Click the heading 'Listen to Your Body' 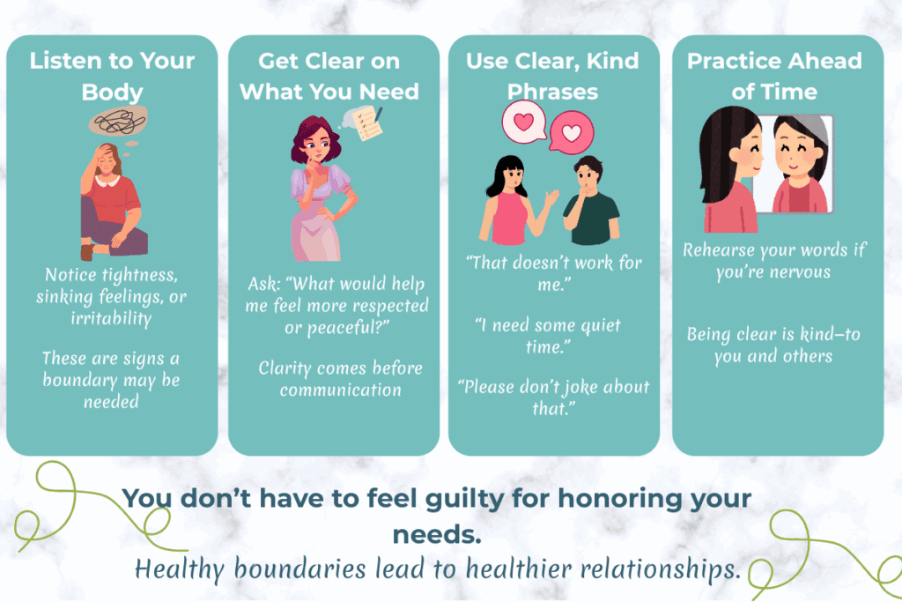point(112,77)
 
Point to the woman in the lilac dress point(321,198)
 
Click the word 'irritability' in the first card point(112,317)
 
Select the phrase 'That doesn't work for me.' point(554,273)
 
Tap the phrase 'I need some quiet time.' point(548,336)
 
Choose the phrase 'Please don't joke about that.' point(554,398)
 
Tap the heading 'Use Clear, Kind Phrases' point(553,77)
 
